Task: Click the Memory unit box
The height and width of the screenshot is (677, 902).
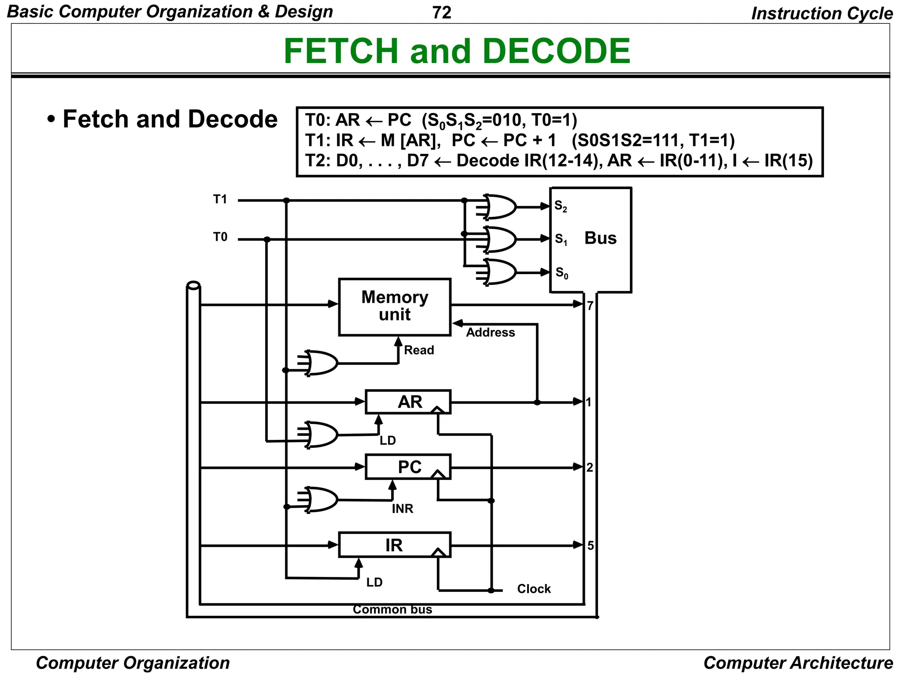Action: (x=395, y=306)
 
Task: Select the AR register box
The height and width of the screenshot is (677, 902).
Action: (x=408, y=402)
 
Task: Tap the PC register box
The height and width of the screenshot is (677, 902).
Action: (x=408, y=467)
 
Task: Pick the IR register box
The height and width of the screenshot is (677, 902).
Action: (x=394, y=545)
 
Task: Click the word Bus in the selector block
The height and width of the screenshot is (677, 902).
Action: (x=600, y=238)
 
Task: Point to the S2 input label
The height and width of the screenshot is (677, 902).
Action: (x=560, y=206)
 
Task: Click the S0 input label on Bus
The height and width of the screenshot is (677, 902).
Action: (x=562, y=272)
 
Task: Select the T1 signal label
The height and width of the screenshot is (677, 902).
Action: (x=220, y=200)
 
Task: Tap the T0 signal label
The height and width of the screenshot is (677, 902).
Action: (x=220, y=237)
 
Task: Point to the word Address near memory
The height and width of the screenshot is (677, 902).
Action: (x=490, y=332)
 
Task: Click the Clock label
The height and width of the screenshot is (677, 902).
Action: (x=534, y=589)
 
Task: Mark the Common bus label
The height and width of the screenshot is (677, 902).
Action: (x=392, y=610)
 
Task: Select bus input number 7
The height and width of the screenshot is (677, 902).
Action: (x=590, y=305)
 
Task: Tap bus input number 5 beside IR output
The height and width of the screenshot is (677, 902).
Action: (x=591, y=546)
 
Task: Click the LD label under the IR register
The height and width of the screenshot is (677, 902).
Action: (x=374, y=582)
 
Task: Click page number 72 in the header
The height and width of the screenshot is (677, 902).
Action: (x=442, y=13)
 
